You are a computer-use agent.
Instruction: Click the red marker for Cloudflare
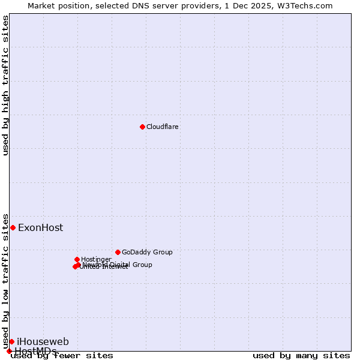coord(142,127)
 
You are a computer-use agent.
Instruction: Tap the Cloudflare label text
coord(162,127)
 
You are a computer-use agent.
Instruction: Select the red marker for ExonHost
coord(13,227)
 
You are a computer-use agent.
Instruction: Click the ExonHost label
coord(40,228)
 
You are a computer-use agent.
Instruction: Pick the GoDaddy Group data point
coord(118,252)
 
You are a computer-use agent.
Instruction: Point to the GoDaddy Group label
coord(147,253)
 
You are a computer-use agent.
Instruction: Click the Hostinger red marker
coord(77,259)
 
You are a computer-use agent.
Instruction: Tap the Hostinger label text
coord(96,260)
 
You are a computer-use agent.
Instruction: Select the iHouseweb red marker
coord(11,341)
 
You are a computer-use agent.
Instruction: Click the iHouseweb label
coord(43,342)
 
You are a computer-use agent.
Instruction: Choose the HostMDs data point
coord(9,351)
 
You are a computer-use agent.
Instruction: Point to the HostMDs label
coord(35,351)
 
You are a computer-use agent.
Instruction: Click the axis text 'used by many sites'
coord(301,356)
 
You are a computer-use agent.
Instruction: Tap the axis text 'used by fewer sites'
coord(62,356)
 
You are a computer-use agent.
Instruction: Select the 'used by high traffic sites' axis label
coord(6,85)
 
